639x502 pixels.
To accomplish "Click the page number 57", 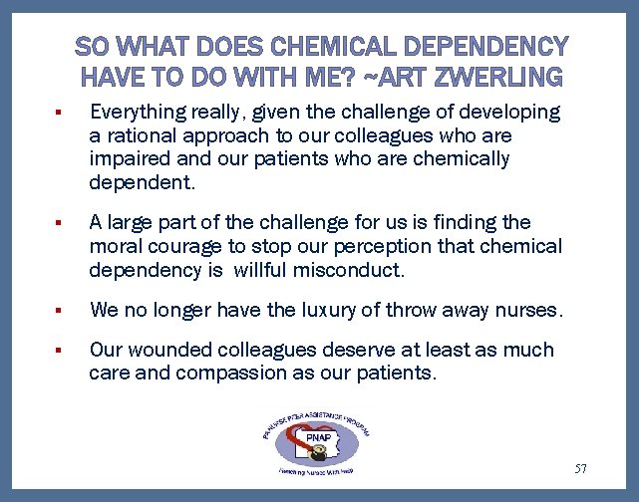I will coord(581,468).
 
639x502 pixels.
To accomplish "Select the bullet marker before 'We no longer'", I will coord(60,312).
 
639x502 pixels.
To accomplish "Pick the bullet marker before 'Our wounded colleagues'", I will coord(60,352).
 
